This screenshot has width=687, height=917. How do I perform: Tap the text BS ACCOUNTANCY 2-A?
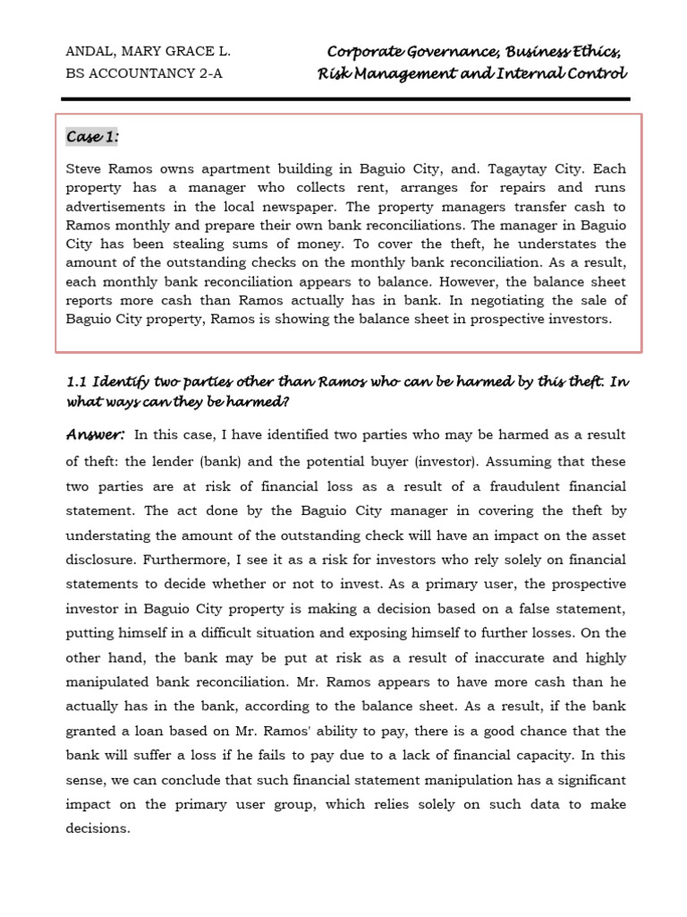144,73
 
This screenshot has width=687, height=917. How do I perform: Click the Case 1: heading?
92,136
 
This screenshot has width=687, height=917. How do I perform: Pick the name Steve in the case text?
86,167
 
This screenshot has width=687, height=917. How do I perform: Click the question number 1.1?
76,382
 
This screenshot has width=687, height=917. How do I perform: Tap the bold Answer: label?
95,434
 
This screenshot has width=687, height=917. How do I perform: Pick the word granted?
93,732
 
